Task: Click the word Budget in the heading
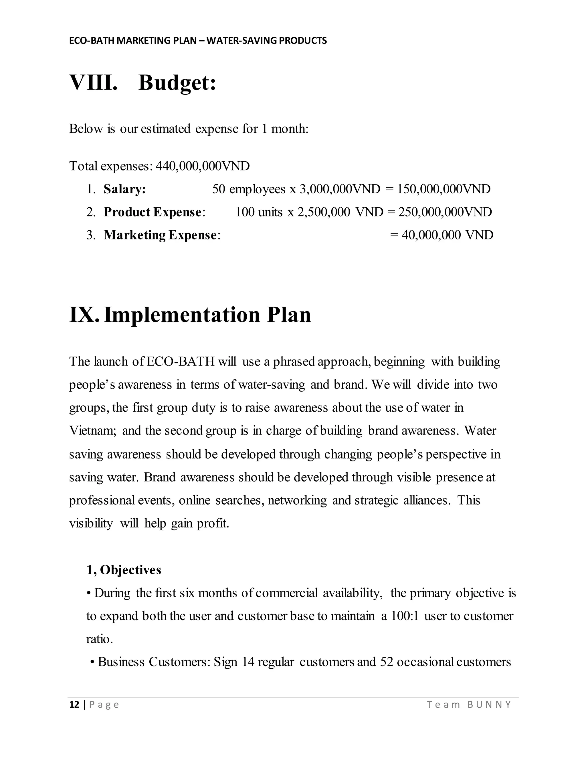pyautogui.click(x=177, y=83)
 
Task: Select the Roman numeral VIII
pyautogui.click(x=93, y=83)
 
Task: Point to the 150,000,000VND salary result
pyautogui.click(x=444, y=189)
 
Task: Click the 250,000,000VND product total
pyautogui.click(x=445, y=212)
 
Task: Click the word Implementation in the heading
pyautogui.click(x=182, y=315)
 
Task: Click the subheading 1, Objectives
pyautogui.click(x=124, y=570)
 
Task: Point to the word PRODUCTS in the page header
pyautogui.click(x=303, y=41)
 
